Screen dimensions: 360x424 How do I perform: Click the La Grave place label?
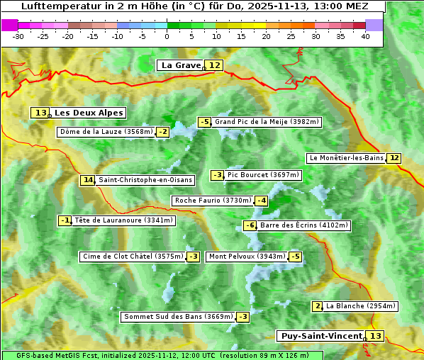pyautogui.click(x=181, y=65)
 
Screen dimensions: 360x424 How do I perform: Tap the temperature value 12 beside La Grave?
pyautogui.click(x=215, y=65)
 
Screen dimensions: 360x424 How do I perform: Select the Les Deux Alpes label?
pyautogui.click(x=89, y=113)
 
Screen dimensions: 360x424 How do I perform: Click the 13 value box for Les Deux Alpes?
pyautogui.click(x=40, y=113)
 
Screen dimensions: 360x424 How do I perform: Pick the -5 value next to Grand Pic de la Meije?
pyautogui.click(x=204, y=122)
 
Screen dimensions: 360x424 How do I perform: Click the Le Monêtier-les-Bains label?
pyautogui.click(x=346, y=158)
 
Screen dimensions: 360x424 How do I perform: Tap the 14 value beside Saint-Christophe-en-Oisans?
pyautogui.click(x=88, y=180)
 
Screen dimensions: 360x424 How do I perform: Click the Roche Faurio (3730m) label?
pyautogui.click(x=213, y=201)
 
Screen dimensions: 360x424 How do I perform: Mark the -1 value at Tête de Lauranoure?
pyautogui.click(x=65, y=220)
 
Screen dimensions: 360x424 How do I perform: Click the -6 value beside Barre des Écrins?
pyautogui.click(x=250, y=225)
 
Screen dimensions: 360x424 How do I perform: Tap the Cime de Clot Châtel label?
pyautogui.click(x=132, y=257)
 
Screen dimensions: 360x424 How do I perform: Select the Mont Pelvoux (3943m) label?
pyautogui.click(x=247, y=257)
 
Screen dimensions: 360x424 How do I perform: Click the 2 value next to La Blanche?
pyautogui.click(x=317, y=306)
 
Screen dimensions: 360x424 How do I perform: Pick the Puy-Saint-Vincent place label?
pyautogui.click(x=320, y=336)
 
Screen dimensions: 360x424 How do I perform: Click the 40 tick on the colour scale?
pyautogui.click(x=365, y=35)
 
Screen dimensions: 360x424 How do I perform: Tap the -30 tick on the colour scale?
pyautogui.click(x=18, y=35)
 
